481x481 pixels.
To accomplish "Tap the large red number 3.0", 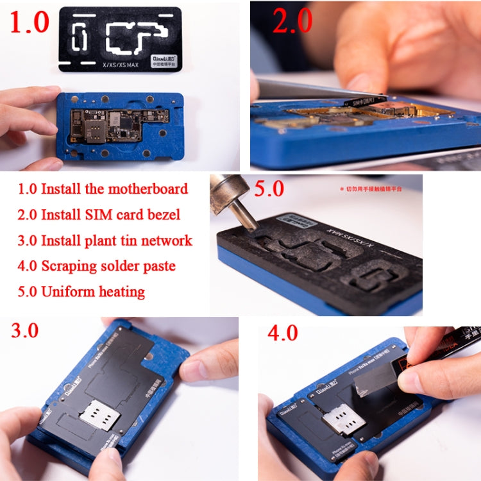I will [24, 330].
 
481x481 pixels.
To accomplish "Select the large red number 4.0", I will [283, 333].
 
